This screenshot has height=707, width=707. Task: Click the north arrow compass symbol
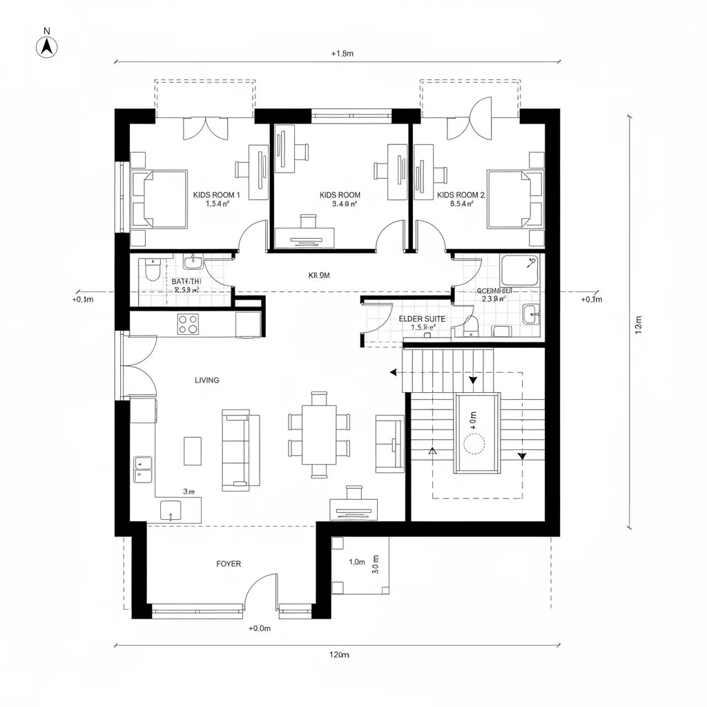pyautogui.click(x=46, y=46)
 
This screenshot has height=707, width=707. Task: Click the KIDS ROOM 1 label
pyautogui.click(x=217, y=199)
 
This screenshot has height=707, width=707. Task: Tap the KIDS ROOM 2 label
pyautogui.click(x=461, y=199)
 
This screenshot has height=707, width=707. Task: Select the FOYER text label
pyautogui.click(x=229, y=564)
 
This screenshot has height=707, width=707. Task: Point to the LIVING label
pyautogui.click(x=207, y=380)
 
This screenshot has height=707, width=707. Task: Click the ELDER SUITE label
pyautogui.click(x=422, y=323)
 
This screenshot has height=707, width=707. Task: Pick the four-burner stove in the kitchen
pyautogui.click(x=188, y=324)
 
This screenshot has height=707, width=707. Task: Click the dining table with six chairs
pyautogui.click(x=319, y=434)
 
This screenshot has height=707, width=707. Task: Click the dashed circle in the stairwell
pyautogui.click(x=475, y=444)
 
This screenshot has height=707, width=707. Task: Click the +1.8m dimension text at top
pyautogui.click(x=342, y=53)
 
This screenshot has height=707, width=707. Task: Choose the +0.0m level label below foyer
pyautogui.click(x=260, y=628)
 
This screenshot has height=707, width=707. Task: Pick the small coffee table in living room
pyautogui.click(x=192, y=451)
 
